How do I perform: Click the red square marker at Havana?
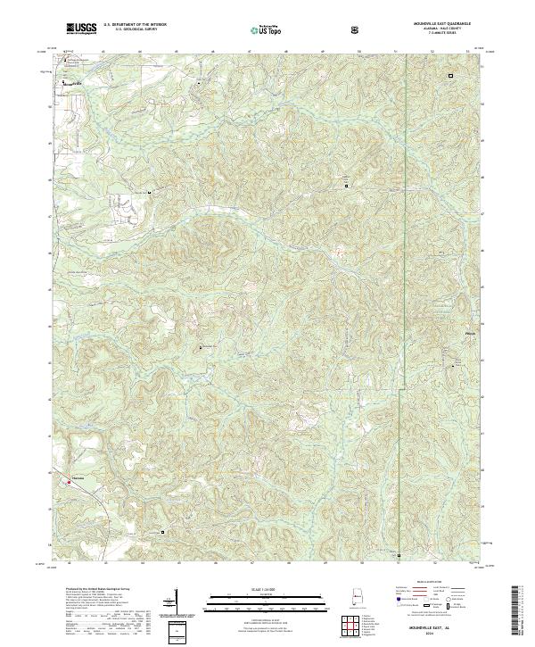coord(69,483)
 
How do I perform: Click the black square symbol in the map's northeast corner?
coord(449,76)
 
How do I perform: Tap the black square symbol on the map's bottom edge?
coord(399,555)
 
